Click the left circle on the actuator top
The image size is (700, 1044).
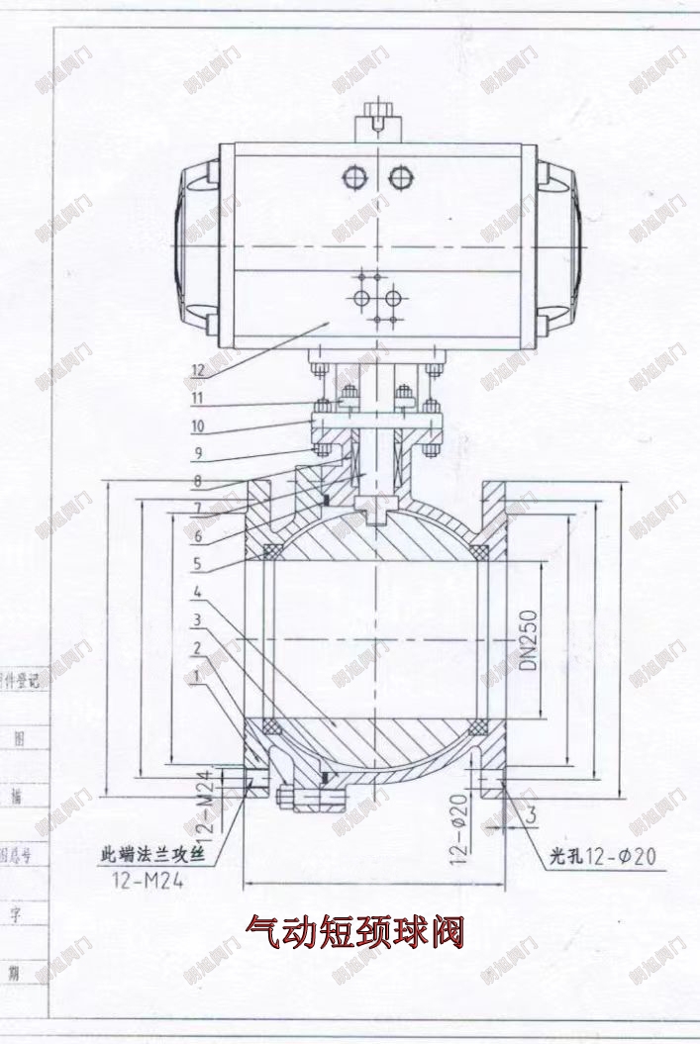354,178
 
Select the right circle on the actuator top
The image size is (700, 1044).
401,178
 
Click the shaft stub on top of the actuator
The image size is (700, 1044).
378,121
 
